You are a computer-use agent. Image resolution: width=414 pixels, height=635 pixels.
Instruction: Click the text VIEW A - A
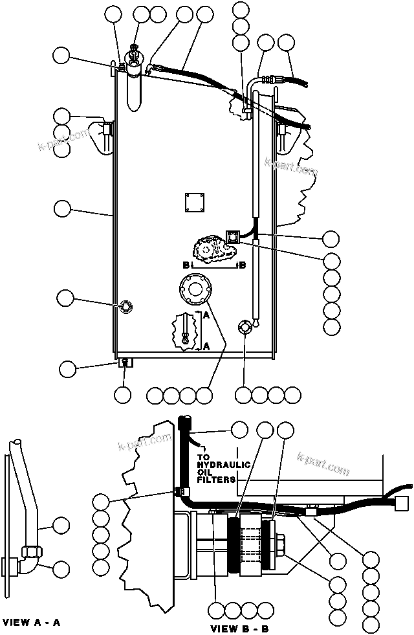click(32, 623)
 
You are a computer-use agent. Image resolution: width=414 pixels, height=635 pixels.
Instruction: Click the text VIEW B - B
click(239, 628)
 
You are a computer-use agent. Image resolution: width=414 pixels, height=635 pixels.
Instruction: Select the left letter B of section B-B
click(186, 265)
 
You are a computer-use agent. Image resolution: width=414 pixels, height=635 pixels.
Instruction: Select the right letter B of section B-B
click(242, 265)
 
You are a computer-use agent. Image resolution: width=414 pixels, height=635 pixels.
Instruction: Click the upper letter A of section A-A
click(206, 315)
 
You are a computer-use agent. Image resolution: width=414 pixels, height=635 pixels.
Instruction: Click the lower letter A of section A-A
click(206, 346)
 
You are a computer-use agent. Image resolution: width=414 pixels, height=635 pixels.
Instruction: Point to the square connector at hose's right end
click(403, 502)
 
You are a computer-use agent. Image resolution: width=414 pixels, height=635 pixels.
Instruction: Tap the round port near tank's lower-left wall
click(124, 306)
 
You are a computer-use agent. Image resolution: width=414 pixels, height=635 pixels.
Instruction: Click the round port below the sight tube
click(245, 328)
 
